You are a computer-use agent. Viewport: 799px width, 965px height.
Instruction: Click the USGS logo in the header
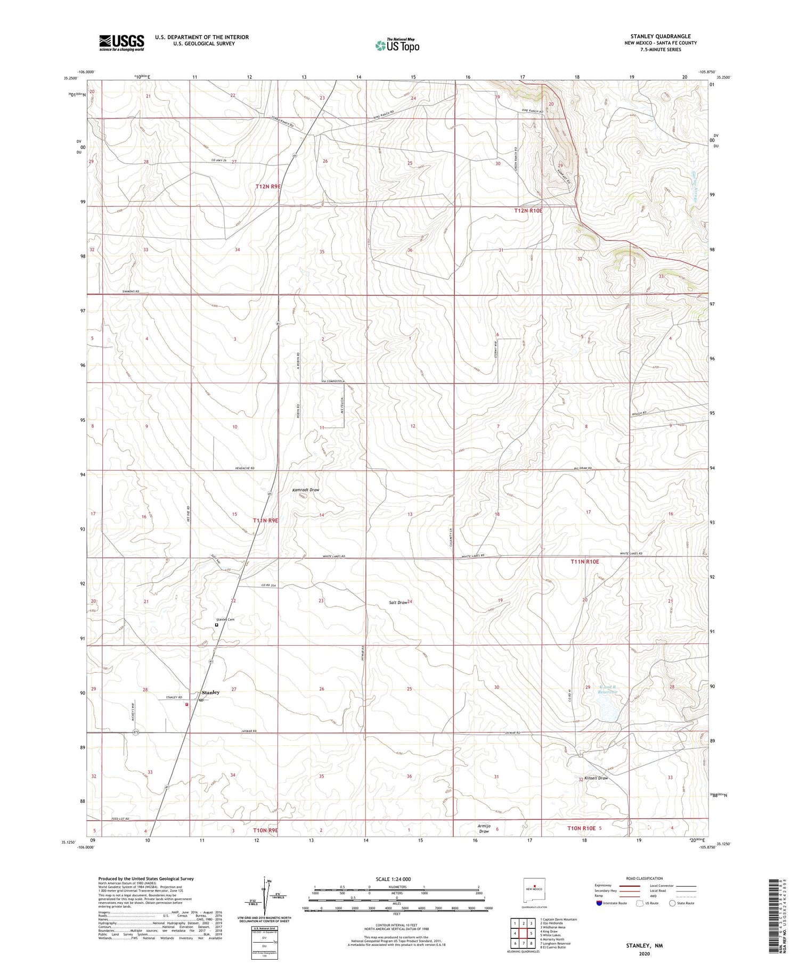(x=121, y=43)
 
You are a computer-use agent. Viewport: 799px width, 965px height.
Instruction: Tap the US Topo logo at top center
(x=397, y=45)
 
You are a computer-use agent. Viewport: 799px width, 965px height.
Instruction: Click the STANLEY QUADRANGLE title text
(x=661, y=36)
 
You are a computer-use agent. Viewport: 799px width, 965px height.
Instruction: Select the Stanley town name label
(x=211, y=692)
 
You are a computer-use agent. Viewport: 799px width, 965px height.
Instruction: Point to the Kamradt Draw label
(x=306, y=490)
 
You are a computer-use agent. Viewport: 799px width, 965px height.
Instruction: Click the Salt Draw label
(x=398, y=603)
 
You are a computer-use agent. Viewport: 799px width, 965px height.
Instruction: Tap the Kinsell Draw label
(x=596, y=778)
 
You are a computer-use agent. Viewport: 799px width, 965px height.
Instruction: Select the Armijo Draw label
(x=484, y=828)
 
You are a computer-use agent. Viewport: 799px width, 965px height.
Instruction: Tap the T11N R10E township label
(x=585, y=562)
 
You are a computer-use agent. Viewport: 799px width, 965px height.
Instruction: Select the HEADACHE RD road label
(x=244, y=468)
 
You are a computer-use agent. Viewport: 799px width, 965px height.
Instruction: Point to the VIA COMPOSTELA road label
(x=333, y=381)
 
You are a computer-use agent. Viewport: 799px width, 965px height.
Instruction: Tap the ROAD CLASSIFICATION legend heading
(x=645, y=878)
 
